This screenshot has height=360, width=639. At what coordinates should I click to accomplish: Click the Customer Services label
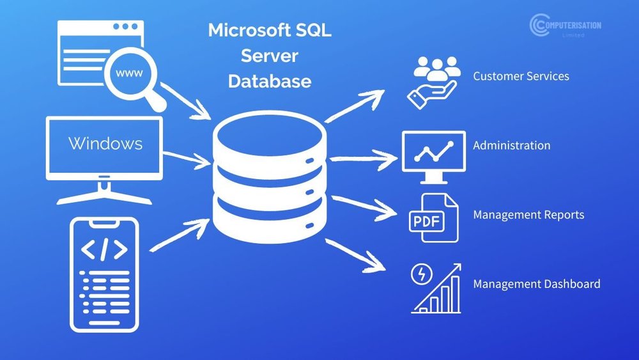521,76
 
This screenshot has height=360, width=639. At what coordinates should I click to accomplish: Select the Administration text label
511,145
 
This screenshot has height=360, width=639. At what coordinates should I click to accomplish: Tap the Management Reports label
528,215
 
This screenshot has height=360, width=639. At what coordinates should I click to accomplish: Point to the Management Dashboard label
536,284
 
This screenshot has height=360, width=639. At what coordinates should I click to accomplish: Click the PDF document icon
433,218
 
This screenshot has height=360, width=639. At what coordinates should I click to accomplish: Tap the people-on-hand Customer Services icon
434,81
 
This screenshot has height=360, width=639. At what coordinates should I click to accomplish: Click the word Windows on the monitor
105,143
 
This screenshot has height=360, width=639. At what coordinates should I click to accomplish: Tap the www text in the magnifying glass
128,73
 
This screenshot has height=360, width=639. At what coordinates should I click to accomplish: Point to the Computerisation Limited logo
565,26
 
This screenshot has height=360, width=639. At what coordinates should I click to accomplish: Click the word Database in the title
270,81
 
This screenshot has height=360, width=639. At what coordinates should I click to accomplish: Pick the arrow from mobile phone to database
181,233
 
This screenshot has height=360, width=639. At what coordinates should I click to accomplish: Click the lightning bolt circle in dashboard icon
422,274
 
